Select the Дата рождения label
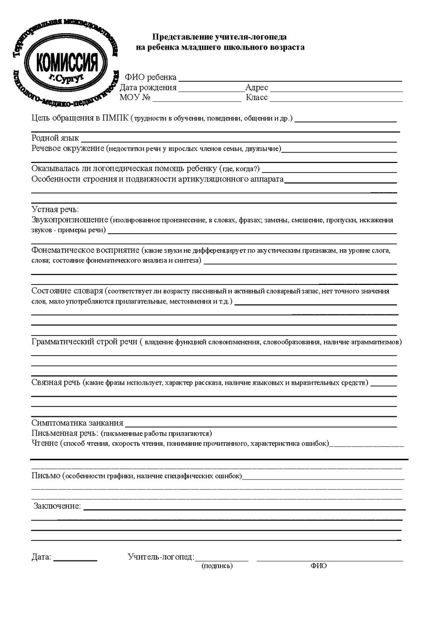point(148,87)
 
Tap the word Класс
point(257,97)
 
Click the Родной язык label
point(55,138)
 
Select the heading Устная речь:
point(55,209)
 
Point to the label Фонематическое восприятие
point(85,250)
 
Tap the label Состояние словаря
point(67,291)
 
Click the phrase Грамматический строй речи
point(84,342)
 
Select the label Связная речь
point(56,382)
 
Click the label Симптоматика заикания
point(77,422)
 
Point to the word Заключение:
point(57,505)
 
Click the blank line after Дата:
point(75,559)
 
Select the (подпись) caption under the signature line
point(217,566)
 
